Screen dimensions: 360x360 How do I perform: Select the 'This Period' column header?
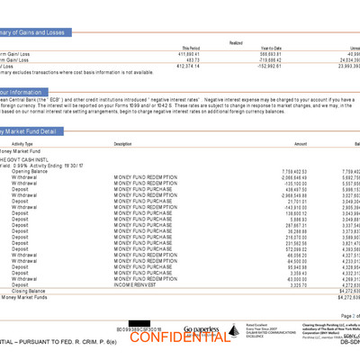(191, 49)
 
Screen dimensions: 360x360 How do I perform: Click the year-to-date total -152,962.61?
(256, 66)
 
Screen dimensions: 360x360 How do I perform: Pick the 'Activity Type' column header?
(22, 144)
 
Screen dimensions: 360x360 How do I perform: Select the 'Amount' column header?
(300, 144)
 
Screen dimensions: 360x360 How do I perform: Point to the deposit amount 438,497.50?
(293, 189)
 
